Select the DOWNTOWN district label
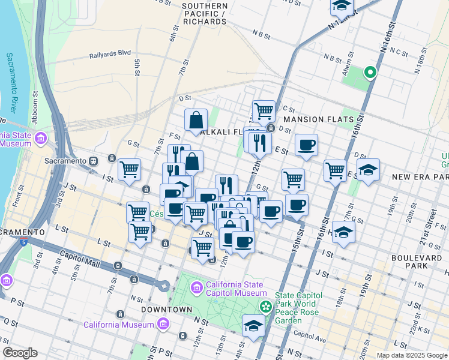point(166,310)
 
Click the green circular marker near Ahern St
point(370,73)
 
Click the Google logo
point(19,353)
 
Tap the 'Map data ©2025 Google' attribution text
point(411,355)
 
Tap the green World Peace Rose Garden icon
point(265,307)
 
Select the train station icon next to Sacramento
point(94,161)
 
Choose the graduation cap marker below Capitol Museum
point(253,326)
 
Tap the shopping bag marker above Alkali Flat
point(196,119)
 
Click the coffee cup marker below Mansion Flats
point(306,145)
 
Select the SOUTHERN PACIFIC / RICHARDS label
point(205,13)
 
